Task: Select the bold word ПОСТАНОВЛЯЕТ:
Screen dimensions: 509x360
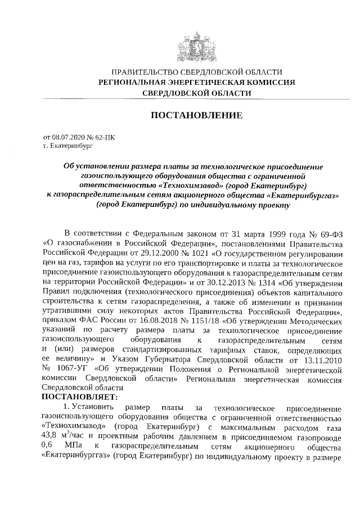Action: [x=79, y=398]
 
